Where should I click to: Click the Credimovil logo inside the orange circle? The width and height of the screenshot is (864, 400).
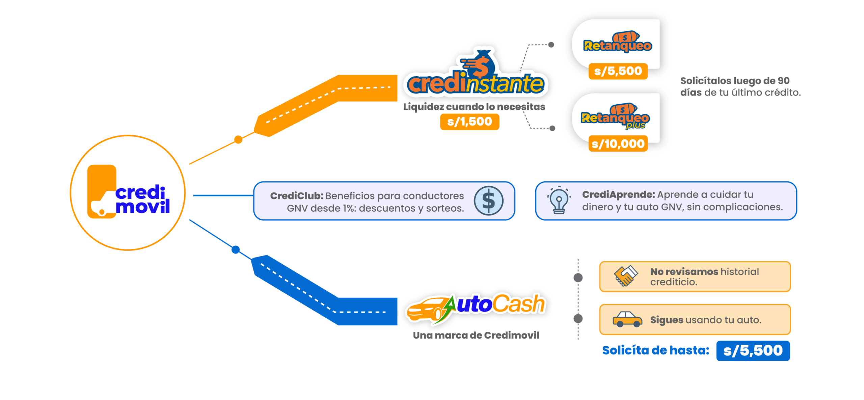pos(128,193)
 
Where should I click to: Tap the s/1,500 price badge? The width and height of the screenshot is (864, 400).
pos(469,122)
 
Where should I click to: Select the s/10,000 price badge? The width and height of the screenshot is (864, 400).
pos(618,144)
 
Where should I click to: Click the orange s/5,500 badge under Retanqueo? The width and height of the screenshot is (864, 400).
pos(618,71)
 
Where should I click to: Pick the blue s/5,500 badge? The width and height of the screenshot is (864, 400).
pos(753,350)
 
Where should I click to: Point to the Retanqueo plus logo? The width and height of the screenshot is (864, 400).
pos(615,116)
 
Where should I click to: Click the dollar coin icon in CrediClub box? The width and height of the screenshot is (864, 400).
pos(488,201)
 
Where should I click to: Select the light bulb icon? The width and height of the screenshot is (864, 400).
pos(559,201)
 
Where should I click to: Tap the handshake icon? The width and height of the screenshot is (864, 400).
pos(625,275)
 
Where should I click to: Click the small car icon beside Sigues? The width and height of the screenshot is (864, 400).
pos(627,319)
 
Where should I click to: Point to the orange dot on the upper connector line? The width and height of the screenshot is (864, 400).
pos(238,139)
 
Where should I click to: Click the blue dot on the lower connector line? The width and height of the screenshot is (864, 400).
pos(236,249)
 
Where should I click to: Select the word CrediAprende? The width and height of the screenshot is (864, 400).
pos(618,194)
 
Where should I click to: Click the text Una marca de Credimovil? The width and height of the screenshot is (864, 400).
pos(476,335)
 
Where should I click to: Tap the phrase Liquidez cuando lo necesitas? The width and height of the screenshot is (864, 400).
pos(474,107)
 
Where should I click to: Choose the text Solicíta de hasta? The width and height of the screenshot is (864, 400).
pos(655,350)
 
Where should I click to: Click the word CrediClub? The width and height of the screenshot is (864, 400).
pos(297,196)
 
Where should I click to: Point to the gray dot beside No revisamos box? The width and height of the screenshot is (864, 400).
pos(578,277)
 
